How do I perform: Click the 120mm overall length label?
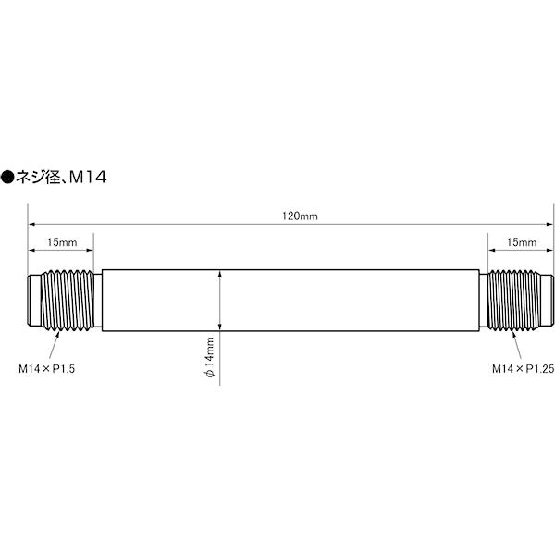300,216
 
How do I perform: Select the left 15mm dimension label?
62,242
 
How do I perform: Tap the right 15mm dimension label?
522,242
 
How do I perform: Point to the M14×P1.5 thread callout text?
47,369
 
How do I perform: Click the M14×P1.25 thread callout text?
524,369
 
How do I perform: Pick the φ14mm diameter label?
210,357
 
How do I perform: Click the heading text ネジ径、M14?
61,177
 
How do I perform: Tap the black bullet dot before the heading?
7,177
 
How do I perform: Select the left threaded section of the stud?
68,300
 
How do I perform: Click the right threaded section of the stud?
514,300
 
